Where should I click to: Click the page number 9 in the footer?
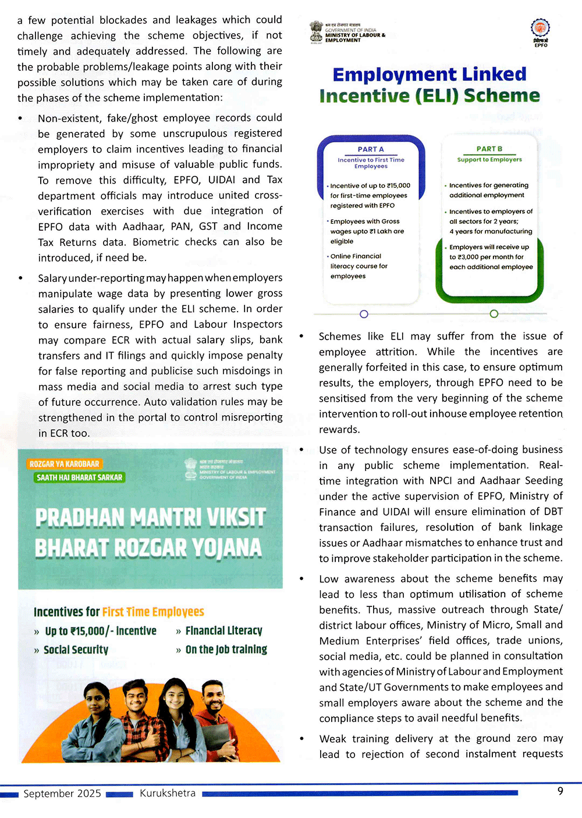pos(560,791)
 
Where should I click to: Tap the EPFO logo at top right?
pos(541,30)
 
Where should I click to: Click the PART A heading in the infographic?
pos(371,149)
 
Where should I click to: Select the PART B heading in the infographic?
pos(489,149)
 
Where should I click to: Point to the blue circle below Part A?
pos(364,314)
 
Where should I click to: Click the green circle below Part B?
pos(494,314)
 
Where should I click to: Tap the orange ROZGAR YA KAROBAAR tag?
pos(64,464)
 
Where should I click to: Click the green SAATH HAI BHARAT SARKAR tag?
pos(79,477)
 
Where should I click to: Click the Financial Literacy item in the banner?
pos(223,631)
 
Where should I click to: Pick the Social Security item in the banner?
pos(76,650)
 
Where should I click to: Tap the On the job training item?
pos(226,649)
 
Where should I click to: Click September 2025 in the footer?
pos(62,794)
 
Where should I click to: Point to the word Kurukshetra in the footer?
pos(168,793)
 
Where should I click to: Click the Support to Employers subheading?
pos(489,159)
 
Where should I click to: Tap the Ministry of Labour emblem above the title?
pos(316,31)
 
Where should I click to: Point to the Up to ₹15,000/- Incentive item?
pos(100,631)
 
